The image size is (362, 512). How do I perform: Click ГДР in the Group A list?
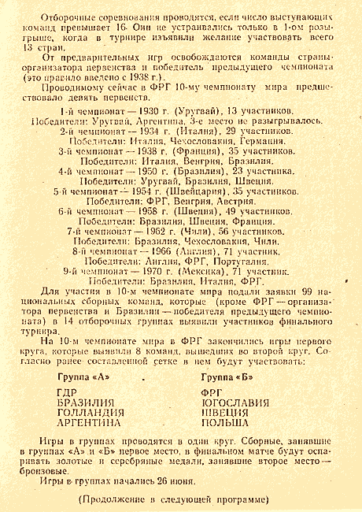[68, 391]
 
